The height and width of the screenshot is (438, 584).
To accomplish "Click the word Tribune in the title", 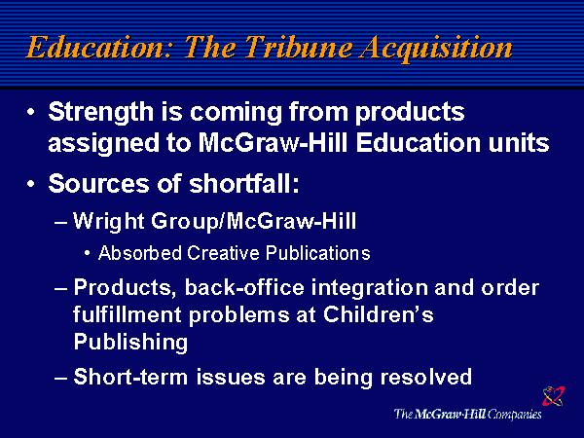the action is click(299, 47).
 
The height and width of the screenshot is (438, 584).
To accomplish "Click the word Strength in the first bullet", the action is click(100, 113).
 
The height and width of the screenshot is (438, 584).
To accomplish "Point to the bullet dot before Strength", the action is click(31, 112).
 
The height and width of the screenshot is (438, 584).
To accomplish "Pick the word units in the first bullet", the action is click(519, 143).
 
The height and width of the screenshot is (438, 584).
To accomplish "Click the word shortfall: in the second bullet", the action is click(244, 184).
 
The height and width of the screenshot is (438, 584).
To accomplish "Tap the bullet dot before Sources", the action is click(31, 184).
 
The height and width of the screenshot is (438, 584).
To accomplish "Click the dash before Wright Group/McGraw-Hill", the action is click(60, 223).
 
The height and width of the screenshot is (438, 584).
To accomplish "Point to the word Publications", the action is click(317, 253).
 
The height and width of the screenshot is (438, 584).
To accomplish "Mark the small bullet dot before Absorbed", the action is click(87, 254).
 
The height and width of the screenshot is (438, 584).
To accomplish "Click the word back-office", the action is click(244, 288).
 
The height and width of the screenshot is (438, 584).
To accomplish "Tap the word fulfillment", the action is click(127, 315).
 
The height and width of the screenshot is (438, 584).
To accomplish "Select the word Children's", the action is click(379, 314).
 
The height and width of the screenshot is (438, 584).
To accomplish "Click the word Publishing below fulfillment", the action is click(130, 342).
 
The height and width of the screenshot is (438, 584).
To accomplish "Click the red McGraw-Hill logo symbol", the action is click(554, 395).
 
